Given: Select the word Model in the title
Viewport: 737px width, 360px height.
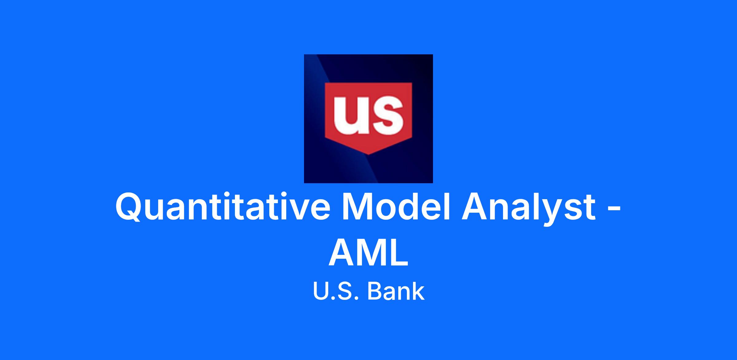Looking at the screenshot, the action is (396, 206).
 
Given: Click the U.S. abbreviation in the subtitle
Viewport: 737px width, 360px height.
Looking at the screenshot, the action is (336, 292).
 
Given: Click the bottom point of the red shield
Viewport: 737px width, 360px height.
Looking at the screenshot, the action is (368, 154).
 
